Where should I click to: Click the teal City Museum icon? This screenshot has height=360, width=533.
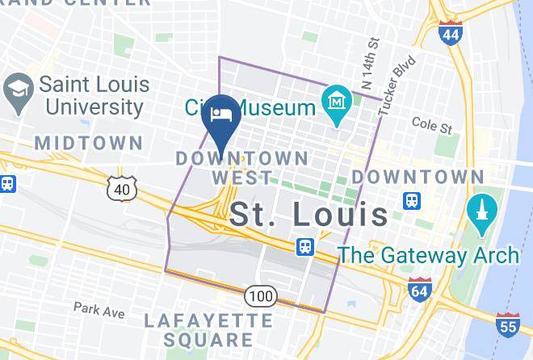334,103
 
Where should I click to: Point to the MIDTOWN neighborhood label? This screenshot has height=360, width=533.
89,144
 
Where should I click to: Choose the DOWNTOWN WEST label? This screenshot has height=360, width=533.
242,166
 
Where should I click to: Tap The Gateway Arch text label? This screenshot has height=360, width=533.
428,255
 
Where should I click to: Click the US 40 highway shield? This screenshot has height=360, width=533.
121,189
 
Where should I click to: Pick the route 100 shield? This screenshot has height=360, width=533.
260,296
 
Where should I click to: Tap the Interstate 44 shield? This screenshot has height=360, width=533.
451,33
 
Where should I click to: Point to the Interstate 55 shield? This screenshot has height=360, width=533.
506,323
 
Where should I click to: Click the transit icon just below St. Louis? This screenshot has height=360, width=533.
305,245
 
